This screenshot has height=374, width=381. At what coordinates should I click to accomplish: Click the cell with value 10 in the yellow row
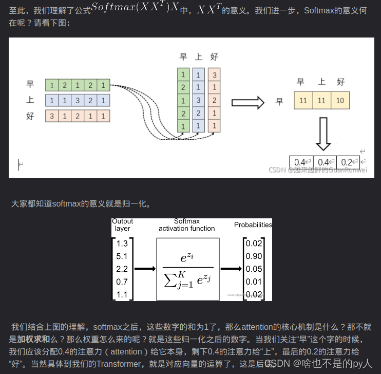pyautogui.click(x=340, y=101)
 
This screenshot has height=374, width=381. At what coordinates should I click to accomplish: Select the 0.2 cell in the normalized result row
pyautogui.click(x=348, y=162)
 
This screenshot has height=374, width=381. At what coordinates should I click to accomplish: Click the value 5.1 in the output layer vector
pyautogui.click(x=122, y=256)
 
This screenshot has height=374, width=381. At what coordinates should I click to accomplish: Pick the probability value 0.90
pyautogui.click(x=254, y=256)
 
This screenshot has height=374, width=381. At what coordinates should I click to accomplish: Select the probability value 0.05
pyautogui.click(x=254, y=269)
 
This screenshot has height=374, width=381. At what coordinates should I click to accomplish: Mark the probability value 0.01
pyautogui.click(x=254, y=282)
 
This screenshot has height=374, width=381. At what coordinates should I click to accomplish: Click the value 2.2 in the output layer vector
pyautogui.click(x=122, y=269)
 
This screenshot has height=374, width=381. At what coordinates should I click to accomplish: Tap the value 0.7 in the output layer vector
pyautogui.click(x=122, y=282)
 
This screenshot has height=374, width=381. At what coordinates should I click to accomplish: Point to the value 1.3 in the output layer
pyautogui.click(x=122, y=244)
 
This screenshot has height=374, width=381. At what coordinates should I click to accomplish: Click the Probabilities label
pyautogui.click(x=253, y=225)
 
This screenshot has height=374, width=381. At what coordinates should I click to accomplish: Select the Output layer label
pyautogui.click(x=122, y=225)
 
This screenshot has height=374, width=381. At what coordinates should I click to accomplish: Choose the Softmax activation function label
pyautogui.click(x=187, y=225)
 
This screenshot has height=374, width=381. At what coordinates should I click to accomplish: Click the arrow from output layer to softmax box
pyautogui.click(x=145, y=268)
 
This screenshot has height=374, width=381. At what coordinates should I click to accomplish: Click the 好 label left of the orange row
pyautogui.click(x=30, y=116)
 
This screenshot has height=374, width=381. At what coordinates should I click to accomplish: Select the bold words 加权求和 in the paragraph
pyautogui.click(x=34, y=339)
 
